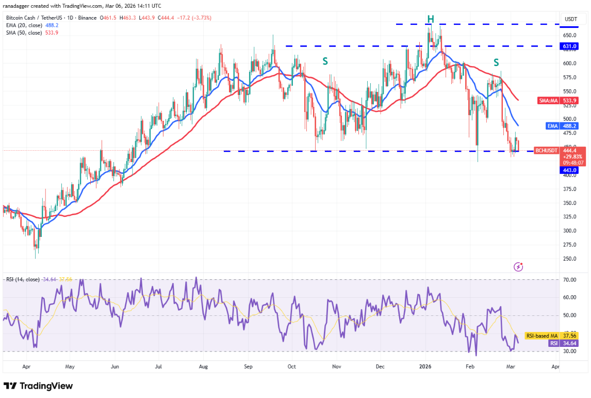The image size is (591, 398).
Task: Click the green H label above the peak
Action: [431, 20]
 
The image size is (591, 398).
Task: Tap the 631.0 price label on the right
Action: [570, 46]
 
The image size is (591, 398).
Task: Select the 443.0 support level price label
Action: [570, 170]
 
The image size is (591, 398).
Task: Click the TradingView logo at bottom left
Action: [38, 386]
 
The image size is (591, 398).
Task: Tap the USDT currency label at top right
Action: [571, 19]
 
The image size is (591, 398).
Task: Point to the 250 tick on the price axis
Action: [569, 259]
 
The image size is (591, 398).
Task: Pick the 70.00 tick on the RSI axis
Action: [570, 280]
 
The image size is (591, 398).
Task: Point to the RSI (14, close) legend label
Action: [23, 279]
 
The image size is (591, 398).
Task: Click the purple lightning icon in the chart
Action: [519, 267]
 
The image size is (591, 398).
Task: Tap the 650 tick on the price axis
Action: [569, 35]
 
